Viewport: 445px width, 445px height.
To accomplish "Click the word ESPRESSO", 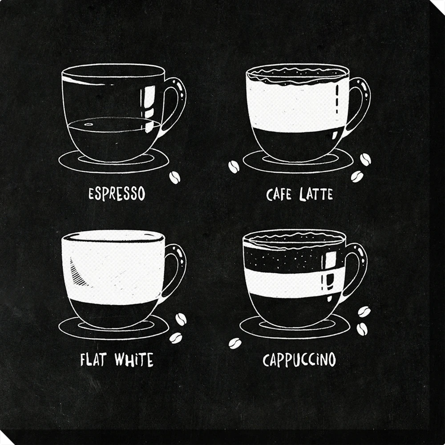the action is coord(117,194).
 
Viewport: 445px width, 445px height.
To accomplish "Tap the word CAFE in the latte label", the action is coord(279,194).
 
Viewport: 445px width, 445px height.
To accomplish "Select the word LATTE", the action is coord(316,194).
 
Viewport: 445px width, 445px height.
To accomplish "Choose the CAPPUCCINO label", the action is coord(299,360).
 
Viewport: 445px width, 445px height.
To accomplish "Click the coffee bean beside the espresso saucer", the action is coord(174,178).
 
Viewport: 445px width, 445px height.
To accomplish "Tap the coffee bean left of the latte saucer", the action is coord(234,167).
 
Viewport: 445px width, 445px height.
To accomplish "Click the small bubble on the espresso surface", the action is coord(89,124).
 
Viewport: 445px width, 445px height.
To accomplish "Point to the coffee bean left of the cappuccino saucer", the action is coord(235,344).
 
